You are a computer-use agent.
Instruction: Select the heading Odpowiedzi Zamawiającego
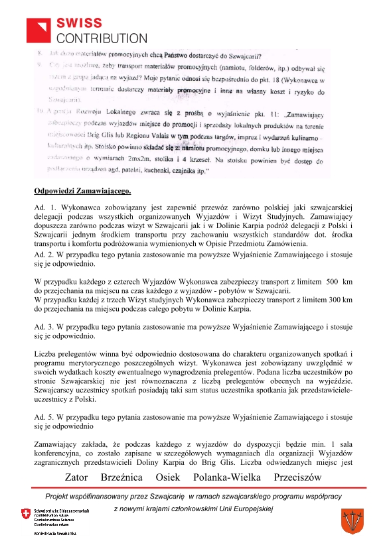(82, 192)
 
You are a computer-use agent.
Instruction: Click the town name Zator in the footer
(76, 477)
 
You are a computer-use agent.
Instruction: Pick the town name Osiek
(167, 477)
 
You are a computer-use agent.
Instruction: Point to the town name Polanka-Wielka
(226, 477)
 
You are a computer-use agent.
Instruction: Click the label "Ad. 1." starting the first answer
(44, 208)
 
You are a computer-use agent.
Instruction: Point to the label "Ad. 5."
(44, 417)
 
